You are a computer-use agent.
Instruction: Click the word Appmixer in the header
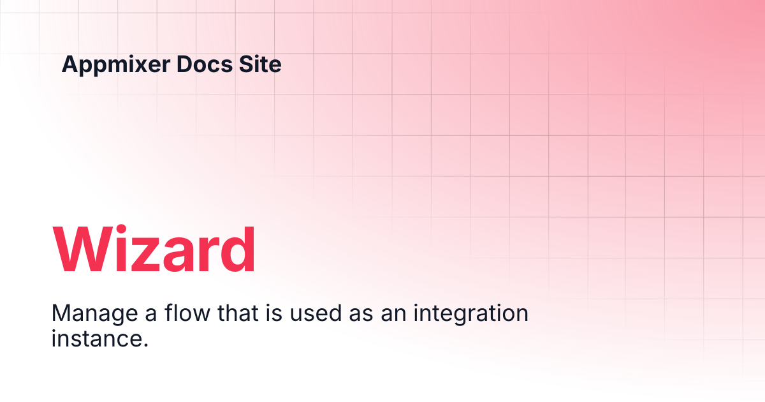coord(116,65)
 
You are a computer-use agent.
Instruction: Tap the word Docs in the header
coord(205,64)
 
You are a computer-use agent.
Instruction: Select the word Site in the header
coord(260,64)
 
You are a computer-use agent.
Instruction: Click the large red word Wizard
coord(154,248)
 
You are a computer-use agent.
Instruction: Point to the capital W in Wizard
coord(83,248)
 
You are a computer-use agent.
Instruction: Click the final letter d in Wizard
coord(238,248)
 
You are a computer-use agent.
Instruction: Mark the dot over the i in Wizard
coord(122,229)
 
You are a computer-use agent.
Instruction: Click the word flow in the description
coord(187,313)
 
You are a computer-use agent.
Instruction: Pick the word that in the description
coord(238,313)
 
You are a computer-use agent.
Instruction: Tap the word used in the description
coord(316,313)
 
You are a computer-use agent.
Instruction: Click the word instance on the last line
coord(96,338)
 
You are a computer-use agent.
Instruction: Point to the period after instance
coord(145,345)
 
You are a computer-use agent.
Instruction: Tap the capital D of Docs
coord(185,64)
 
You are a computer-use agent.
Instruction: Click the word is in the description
coord(274,313)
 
